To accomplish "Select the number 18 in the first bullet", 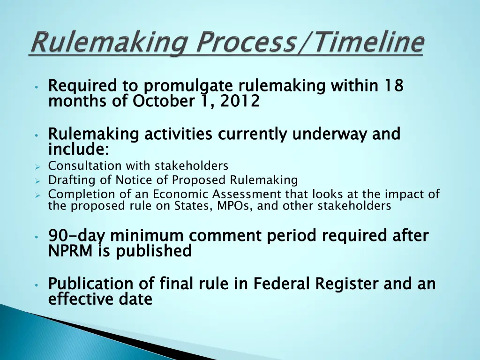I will pyautogui.click(x=394, y=86).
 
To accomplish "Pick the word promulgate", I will pyautogui.click(x=188, y=87).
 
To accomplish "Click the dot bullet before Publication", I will pyautogui.click(x=36, y=285).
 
